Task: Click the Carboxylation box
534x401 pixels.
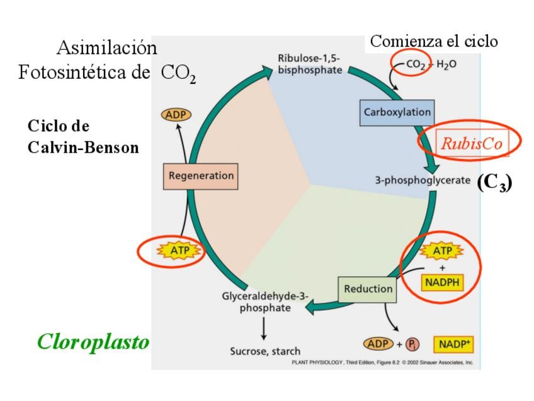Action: coord(397,112)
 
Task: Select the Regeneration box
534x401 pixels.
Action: coord(201,176)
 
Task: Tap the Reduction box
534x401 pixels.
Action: coord(368,289)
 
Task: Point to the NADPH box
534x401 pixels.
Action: coord(442,282)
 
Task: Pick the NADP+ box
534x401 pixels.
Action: coord(453,345)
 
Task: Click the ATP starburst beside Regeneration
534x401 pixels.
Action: coord(171,252)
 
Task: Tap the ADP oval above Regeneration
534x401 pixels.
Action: coord(176,115)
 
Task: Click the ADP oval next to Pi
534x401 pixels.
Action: coord(378,344)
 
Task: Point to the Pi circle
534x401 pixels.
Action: coord(413,345)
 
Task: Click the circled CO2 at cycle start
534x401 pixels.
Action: coord(414,64)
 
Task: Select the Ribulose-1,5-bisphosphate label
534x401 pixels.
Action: coord(310,64)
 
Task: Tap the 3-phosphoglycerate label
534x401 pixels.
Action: coord(423,180)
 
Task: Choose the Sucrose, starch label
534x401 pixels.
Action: coord(265,351)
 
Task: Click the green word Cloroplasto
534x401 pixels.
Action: coord(93,342)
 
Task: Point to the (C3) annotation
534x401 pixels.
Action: coord(494,182)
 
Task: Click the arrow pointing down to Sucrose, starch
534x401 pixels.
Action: coord(264,328)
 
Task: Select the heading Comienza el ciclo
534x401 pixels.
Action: coord(434,42)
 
